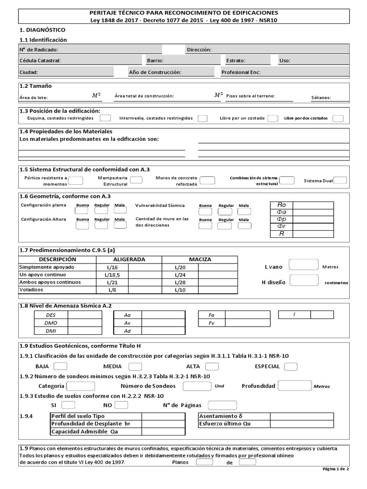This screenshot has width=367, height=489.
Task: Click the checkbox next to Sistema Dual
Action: coord(340,181)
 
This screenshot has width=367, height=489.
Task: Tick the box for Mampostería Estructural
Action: coord(136,180)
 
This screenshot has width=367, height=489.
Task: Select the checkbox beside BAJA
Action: coord(60,366)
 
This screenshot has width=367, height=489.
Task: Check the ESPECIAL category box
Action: coord(291,366)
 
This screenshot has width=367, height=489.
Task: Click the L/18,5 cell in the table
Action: coord(112,275)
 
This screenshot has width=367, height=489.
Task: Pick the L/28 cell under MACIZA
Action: coord(180,282)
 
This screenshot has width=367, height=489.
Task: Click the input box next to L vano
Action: coord(304,265)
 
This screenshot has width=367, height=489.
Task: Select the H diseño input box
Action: coord(304,280)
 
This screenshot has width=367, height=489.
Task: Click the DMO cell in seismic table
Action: coord(51,323)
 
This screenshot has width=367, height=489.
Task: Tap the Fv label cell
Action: coord(211,323)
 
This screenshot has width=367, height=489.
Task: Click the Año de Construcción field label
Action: coord(155,72)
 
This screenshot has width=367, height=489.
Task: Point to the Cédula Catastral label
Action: coord(40,61)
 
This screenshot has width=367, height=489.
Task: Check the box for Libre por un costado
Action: coord(272,118)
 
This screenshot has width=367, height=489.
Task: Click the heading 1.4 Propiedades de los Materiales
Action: coord(65,131)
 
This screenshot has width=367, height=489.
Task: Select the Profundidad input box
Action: coord(294,385)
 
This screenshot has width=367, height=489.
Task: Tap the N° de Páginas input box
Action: coord(219,405)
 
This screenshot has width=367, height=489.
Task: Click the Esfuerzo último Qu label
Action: coord(225,424)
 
